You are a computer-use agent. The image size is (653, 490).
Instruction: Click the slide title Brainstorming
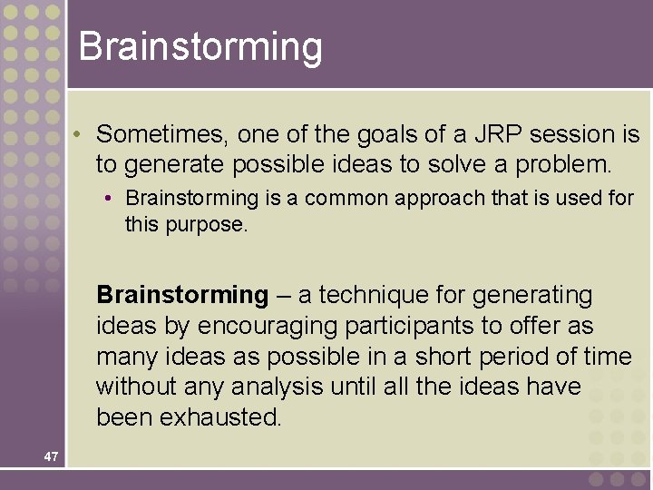click(200, 46)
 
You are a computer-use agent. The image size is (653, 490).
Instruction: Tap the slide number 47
click(50, 456)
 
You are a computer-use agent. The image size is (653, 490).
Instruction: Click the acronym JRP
click(497, 134)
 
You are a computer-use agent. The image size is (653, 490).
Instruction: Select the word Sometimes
click(163, 134)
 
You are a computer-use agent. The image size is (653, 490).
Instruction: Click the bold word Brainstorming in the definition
click(182, 295)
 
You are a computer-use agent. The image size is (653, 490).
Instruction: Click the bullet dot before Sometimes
click(80, 134)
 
